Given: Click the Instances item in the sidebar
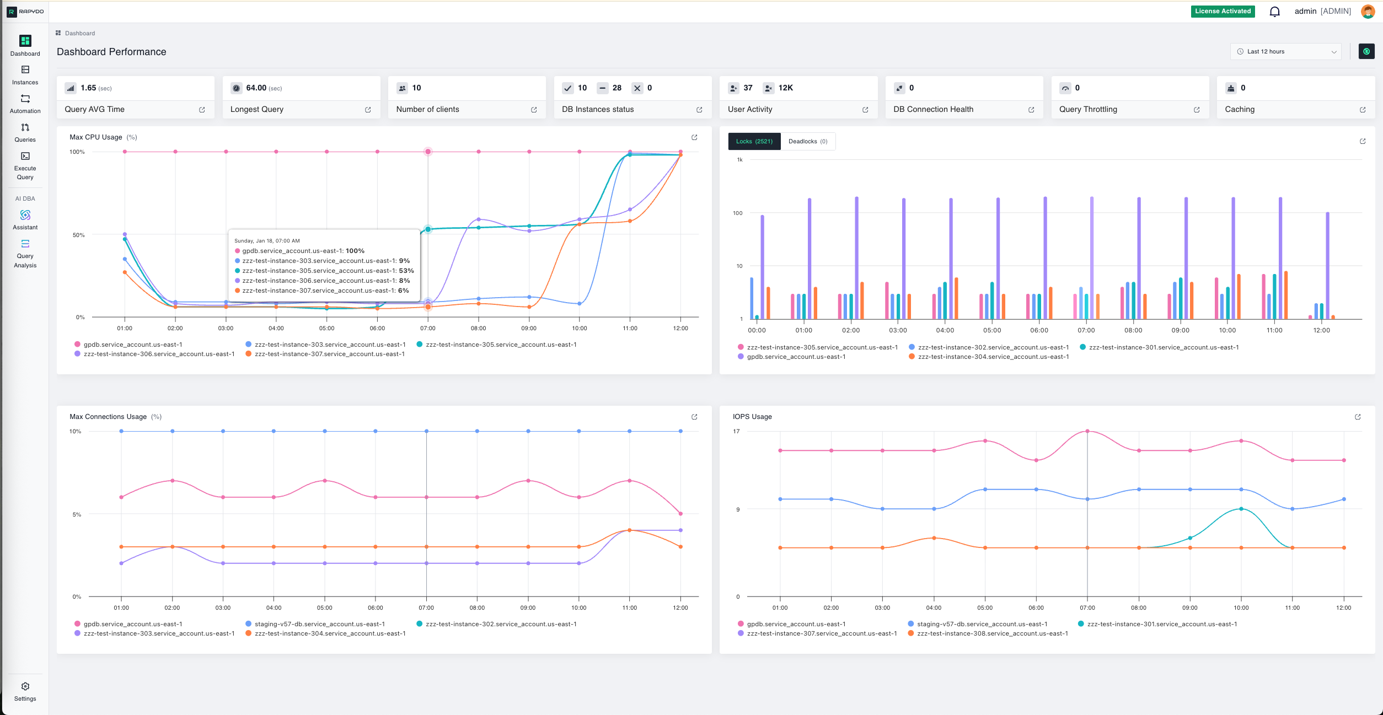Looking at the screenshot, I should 25,76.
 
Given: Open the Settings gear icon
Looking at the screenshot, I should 25,686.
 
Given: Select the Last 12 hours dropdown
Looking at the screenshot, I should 1285,52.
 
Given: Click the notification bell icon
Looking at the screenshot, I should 1274,12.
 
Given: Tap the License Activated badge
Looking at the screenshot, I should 1223,12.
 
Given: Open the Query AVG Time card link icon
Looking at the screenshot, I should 202,110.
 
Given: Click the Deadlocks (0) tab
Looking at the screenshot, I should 807,142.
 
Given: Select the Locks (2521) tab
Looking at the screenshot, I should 754,142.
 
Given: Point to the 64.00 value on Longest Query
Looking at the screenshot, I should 256,88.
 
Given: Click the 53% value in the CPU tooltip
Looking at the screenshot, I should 406,271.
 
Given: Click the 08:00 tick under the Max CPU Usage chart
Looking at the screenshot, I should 478,329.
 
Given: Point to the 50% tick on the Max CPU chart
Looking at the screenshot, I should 78,235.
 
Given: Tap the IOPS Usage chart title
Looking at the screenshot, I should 752,417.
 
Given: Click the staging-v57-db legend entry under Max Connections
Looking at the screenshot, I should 319,624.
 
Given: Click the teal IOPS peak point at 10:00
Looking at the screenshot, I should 1241,509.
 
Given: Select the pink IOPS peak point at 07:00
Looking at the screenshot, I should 1087,431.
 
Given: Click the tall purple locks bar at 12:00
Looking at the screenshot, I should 1327,265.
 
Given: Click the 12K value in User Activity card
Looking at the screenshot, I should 785,88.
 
